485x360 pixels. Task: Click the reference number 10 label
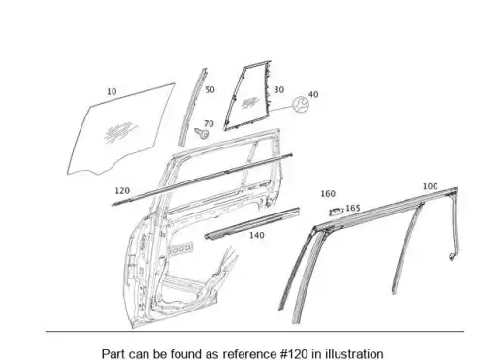click(112, 92)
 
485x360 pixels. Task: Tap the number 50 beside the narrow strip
click(210, 90)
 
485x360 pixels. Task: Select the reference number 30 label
click(279, 89)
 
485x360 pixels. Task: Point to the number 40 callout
click(313, 94)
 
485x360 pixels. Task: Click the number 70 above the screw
click(209, 123)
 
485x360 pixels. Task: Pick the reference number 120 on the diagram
click(122, 191)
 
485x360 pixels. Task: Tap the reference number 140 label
click(256, 235)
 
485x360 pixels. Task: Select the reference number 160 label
click(328, 194)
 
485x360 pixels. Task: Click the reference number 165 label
click(353, 208)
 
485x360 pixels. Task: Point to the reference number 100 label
click(430, 186)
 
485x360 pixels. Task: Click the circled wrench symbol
click(301, 104)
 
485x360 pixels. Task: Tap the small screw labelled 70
click(201, 133)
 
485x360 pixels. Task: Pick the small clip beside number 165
click(337, 212)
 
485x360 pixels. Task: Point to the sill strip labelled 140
click(252, 223)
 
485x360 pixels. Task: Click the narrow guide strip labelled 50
click(193, 107)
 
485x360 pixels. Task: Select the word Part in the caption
click(113, 354)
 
